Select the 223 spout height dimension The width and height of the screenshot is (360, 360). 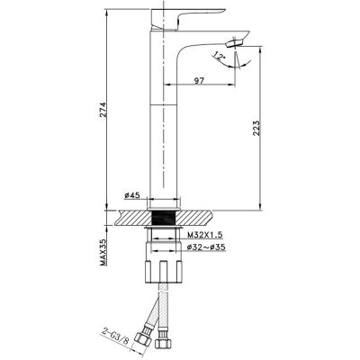pos(256,128)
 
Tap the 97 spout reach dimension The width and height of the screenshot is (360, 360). pos(199,80)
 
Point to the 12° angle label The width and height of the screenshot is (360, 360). pos(220,56)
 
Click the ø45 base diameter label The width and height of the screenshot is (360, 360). pos(132,195)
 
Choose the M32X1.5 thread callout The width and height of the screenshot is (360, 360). pos(205,235)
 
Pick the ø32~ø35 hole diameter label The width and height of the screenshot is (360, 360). pos(206,247)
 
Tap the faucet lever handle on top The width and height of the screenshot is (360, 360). pos(186,18)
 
